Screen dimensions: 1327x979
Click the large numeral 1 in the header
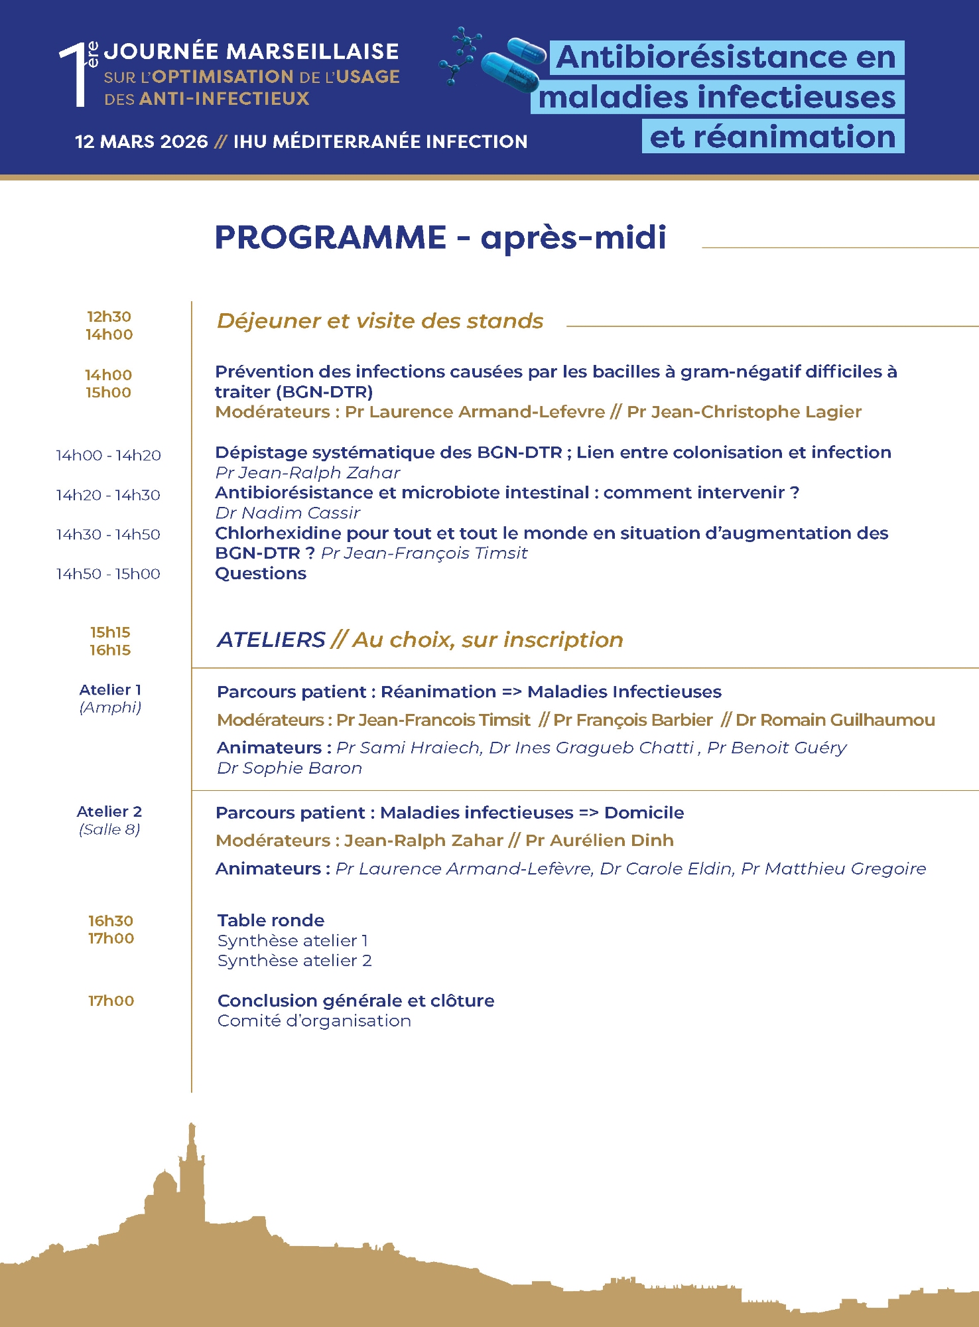click(x=74, y=74)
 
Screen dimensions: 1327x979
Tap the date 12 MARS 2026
click(x=141, y=141)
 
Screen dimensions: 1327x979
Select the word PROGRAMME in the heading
click(x=330, y=238)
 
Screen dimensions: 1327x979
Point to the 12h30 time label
click(x=109, y=316)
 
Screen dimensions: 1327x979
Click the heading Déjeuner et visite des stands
click(x=380, y=321)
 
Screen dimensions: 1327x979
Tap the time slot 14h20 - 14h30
click(x=108, y=495)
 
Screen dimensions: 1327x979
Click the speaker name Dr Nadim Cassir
click(x=288, y=513)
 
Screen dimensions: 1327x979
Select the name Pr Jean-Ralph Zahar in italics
click(x=308, y=473)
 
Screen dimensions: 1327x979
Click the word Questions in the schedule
click(x=261, y=574)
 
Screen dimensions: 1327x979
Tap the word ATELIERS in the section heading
click(x=271, y=640)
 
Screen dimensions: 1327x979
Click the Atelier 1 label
click(x=110, y=690)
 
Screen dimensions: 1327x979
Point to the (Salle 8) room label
click(x=109, y=829)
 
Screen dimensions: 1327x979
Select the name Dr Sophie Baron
click(x=290, y=768)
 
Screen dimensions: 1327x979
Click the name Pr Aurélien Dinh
click(x=600, y=841)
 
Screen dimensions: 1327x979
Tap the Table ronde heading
click(x=271, y=920)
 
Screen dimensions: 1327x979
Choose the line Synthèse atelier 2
click(x=294, y=961)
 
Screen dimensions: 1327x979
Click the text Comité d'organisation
click(x=314, y=1021)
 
